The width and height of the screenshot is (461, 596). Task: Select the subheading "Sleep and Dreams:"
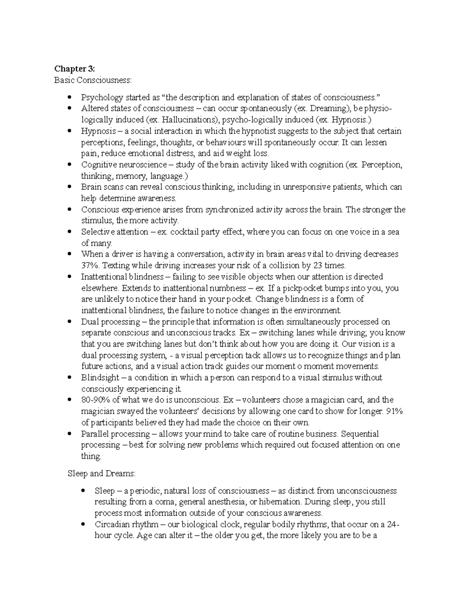[101, 474]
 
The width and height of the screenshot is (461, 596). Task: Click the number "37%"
[90, 266]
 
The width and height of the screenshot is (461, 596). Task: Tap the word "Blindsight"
[100, 377]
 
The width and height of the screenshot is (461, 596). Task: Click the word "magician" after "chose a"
[320, 400]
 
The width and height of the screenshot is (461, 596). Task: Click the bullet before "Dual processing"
[69, 322]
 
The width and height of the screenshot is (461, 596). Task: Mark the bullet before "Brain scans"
[69, 187]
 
